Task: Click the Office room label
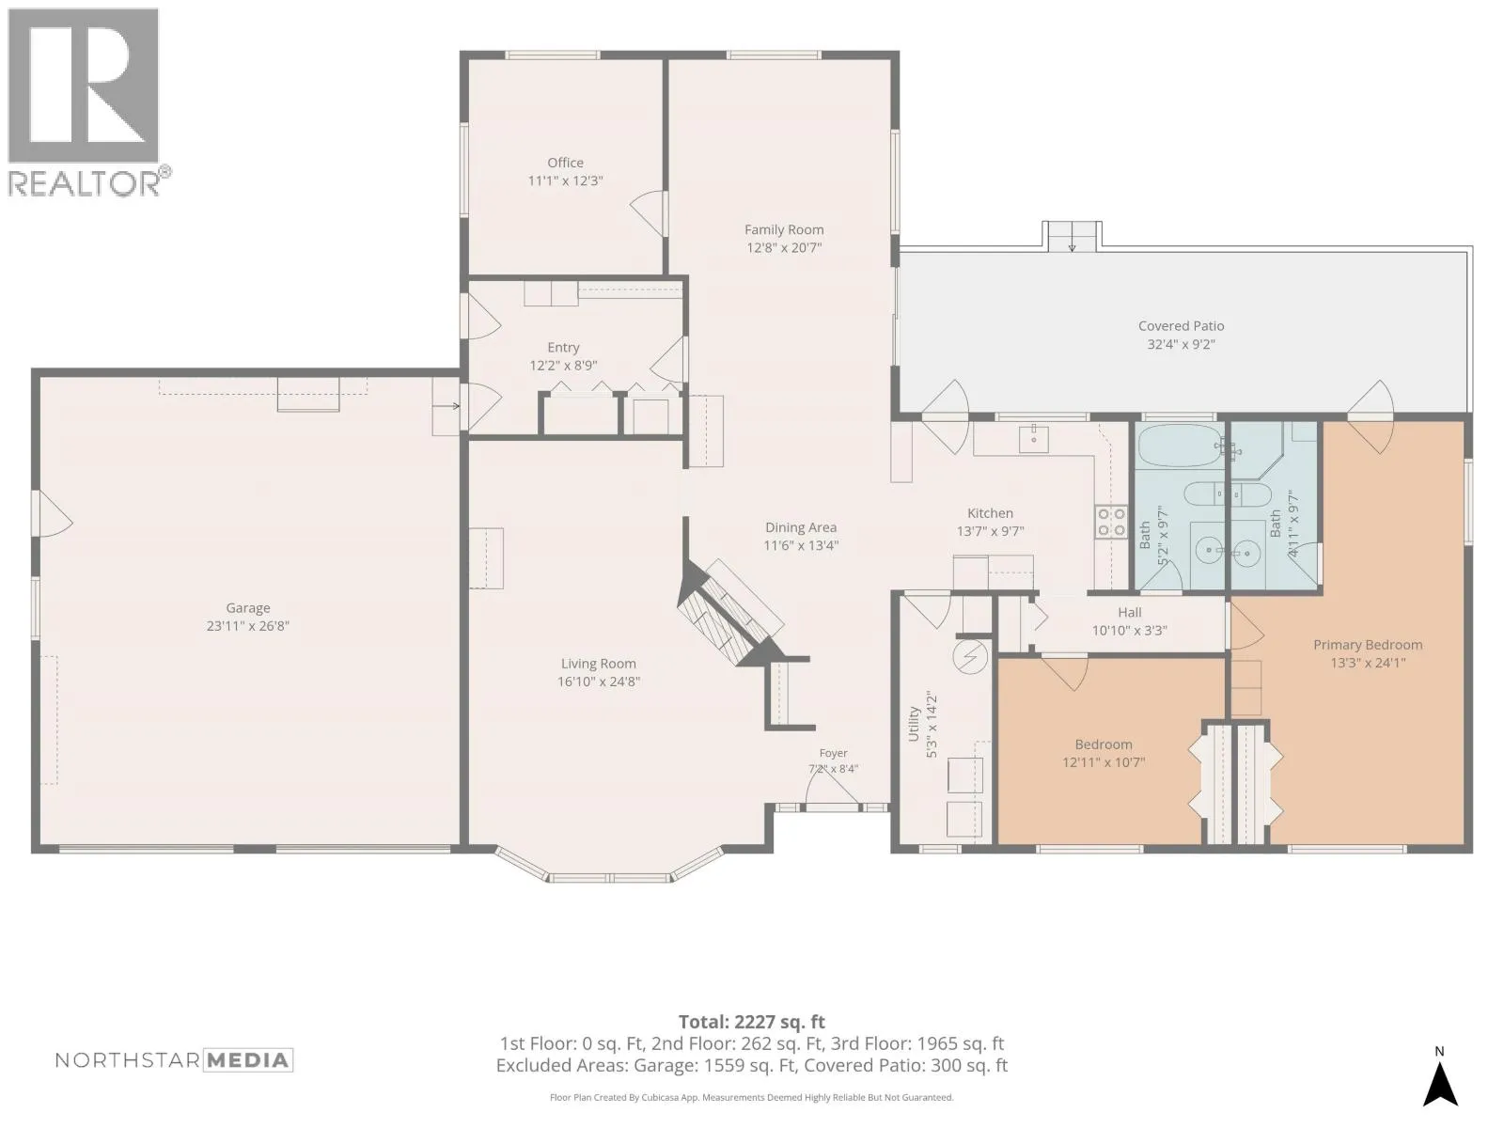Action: coord(565,163)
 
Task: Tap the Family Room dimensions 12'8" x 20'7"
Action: coord(784,248)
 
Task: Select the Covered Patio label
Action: coord(1181,326)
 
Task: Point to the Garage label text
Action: coord(248,608)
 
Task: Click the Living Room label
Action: coord(598,664)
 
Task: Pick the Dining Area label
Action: coord(800,527)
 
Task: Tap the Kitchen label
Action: coord(990,513)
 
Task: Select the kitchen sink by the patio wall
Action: coord(1033,439)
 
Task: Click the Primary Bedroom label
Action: coord(1368,645)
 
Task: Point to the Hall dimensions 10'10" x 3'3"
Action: coord(1129,631)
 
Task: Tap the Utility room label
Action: coord(914,724)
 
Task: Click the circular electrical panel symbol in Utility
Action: coord(970,657)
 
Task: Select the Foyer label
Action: coord(833,753)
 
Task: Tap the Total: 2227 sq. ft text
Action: coord(752,1023)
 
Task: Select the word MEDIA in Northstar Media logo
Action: coord(248,1061)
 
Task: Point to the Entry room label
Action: coord(563,348)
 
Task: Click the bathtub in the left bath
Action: coord(1181,446)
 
